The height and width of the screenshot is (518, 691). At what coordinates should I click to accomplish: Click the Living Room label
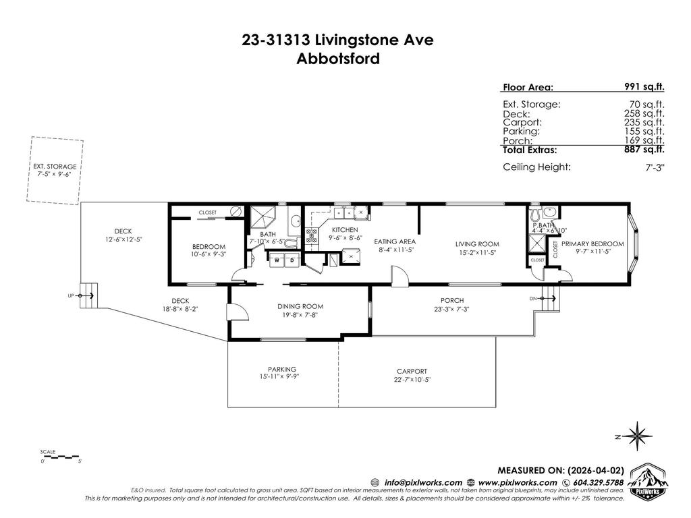point(476,244)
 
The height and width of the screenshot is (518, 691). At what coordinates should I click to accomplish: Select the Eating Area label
point(395,241)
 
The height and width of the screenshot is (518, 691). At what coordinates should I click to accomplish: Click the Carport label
point(411,372)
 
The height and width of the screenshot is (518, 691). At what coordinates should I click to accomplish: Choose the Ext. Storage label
point(55,166)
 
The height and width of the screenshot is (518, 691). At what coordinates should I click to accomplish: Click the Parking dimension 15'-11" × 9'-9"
point(282,376)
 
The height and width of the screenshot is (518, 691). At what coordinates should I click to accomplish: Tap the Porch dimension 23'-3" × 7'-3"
point(452,309)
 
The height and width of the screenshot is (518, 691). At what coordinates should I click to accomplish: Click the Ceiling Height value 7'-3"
point(655,168)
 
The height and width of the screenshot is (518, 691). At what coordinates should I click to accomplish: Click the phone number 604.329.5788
point(593,482)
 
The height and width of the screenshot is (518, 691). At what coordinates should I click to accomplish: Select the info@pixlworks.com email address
point(423,482)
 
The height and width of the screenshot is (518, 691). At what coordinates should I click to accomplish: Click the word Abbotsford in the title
point(338,58)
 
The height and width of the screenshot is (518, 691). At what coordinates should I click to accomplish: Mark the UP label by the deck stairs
point(72,295)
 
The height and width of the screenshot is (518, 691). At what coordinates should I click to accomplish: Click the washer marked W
point(277,259)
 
